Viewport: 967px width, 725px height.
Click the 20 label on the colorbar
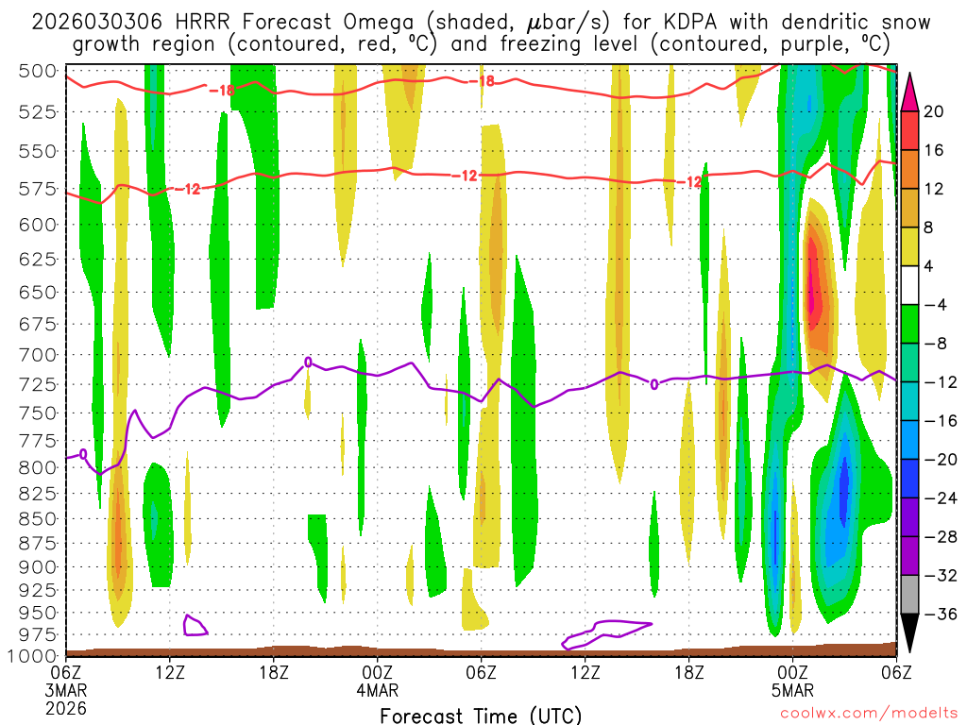935,111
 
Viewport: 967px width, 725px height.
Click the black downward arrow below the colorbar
910,633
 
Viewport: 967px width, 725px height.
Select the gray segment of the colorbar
910,595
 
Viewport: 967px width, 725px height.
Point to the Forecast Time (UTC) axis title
481,715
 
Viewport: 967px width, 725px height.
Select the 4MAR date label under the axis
377,689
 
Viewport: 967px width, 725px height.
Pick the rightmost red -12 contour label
693,181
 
